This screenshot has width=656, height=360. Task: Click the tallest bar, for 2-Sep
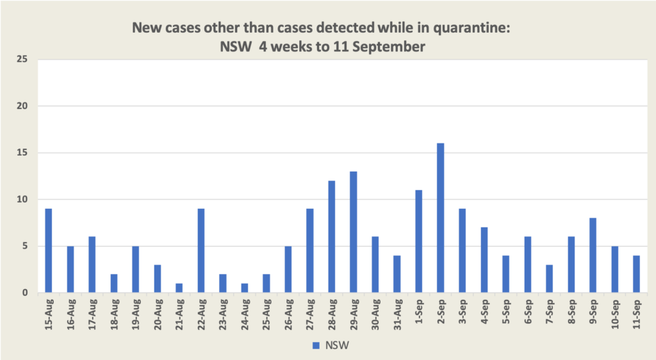coord(441,218)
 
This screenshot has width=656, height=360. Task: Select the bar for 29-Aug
coord(354,232)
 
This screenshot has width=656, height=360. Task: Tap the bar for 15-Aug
coord(49,250)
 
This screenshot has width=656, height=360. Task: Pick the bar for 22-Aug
coord(201,250)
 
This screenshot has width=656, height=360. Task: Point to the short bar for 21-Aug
coord(179,288)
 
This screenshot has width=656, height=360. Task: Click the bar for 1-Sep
coord(419,241)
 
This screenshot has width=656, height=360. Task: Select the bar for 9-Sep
coord(593,256)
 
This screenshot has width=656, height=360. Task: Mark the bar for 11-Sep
coord(636,274)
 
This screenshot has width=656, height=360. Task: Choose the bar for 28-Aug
coord(332,236)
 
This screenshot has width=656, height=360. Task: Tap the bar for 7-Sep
coord(549,279)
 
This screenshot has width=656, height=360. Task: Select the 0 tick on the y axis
coord(25,293)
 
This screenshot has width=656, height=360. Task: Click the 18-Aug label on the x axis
coord(114,315)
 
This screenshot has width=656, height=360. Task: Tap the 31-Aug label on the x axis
coord(397,315)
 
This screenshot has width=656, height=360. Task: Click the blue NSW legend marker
coord(315,346)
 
